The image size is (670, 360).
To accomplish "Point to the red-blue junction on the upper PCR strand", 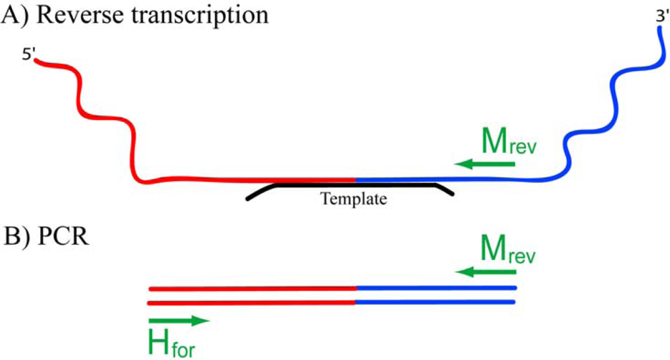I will (x=356, y=288).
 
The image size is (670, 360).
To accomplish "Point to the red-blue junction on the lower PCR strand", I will (x=356, y=302).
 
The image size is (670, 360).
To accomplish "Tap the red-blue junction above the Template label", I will (x=356, y=180).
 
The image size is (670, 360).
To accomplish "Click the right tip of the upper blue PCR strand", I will (x=514, y=288).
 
